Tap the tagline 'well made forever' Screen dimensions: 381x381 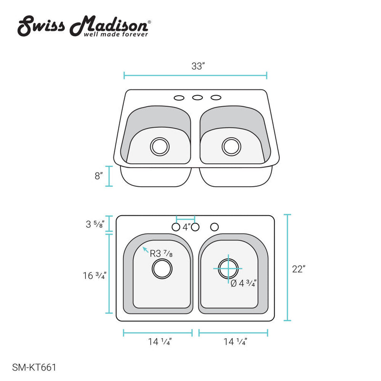tap(116, 34)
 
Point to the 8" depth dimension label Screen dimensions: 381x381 tap(99, 176)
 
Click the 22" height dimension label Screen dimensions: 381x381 tap(298, 269)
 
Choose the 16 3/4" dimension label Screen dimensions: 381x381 tap(94, 275)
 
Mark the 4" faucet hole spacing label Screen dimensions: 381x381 tap(186, 227)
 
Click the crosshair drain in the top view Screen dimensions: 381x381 tap(228, 268)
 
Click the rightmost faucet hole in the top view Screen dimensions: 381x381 tap(215, 226)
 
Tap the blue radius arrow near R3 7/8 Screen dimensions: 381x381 tap(145, 249)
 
